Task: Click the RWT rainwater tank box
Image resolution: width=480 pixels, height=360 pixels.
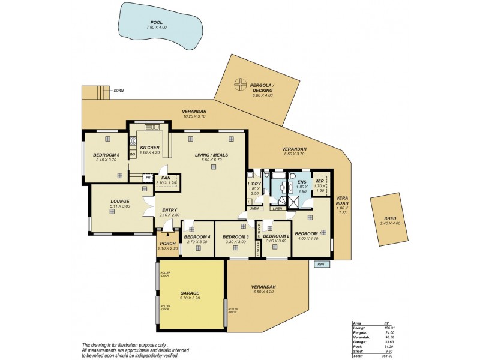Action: click(322, 263)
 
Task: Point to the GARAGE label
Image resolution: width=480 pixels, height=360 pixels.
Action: click(190, 293)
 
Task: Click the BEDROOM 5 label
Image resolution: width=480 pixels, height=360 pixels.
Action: click(106, 155)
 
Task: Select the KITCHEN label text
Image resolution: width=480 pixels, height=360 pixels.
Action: click(149, 148)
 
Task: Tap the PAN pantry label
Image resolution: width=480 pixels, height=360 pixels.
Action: click(166, 178)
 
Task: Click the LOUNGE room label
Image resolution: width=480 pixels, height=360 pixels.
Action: click(120, 202)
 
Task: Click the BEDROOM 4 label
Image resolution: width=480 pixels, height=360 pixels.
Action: click(197, 237)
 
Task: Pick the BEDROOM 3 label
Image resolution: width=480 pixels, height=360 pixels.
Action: click(235, 237)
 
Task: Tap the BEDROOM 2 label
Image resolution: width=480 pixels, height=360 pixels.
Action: click(277, 236)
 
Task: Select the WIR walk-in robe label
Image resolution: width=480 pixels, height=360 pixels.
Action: click(320, 181)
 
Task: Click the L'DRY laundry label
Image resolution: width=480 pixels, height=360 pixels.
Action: click(253, 185)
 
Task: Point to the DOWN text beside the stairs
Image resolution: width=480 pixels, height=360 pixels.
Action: click(118, 91)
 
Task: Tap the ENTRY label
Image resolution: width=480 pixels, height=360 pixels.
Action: click(170, 210)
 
